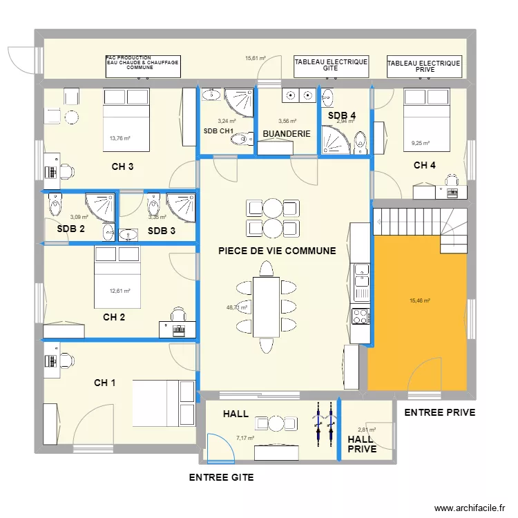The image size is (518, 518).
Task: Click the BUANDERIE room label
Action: [286, 133]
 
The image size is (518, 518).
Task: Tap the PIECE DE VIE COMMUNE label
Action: [277, 251]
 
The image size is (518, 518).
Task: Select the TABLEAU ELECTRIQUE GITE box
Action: [331, 66]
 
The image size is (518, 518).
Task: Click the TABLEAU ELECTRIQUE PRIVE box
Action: [424, 66]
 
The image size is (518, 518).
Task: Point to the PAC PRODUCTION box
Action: [142, 66]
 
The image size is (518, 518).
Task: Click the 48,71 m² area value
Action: [237, 308]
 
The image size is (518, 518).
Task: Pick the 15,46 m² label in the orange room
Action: [420, 301]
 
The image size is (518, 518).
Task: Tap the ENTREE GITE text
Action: [221, 477]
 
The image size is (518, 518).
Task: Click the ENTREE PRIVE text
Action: [439, 413]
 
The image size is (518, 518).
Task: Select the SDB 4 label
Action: [341, 116]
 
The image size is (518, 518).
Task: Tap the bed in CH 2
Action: [117, 277]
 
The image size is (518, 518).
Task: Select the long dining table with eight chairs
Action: [266, 307]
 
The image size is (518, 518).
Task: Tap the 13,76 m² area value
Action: [119, 138]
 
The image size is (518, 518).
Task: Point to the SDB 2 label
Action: [71, 229]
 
